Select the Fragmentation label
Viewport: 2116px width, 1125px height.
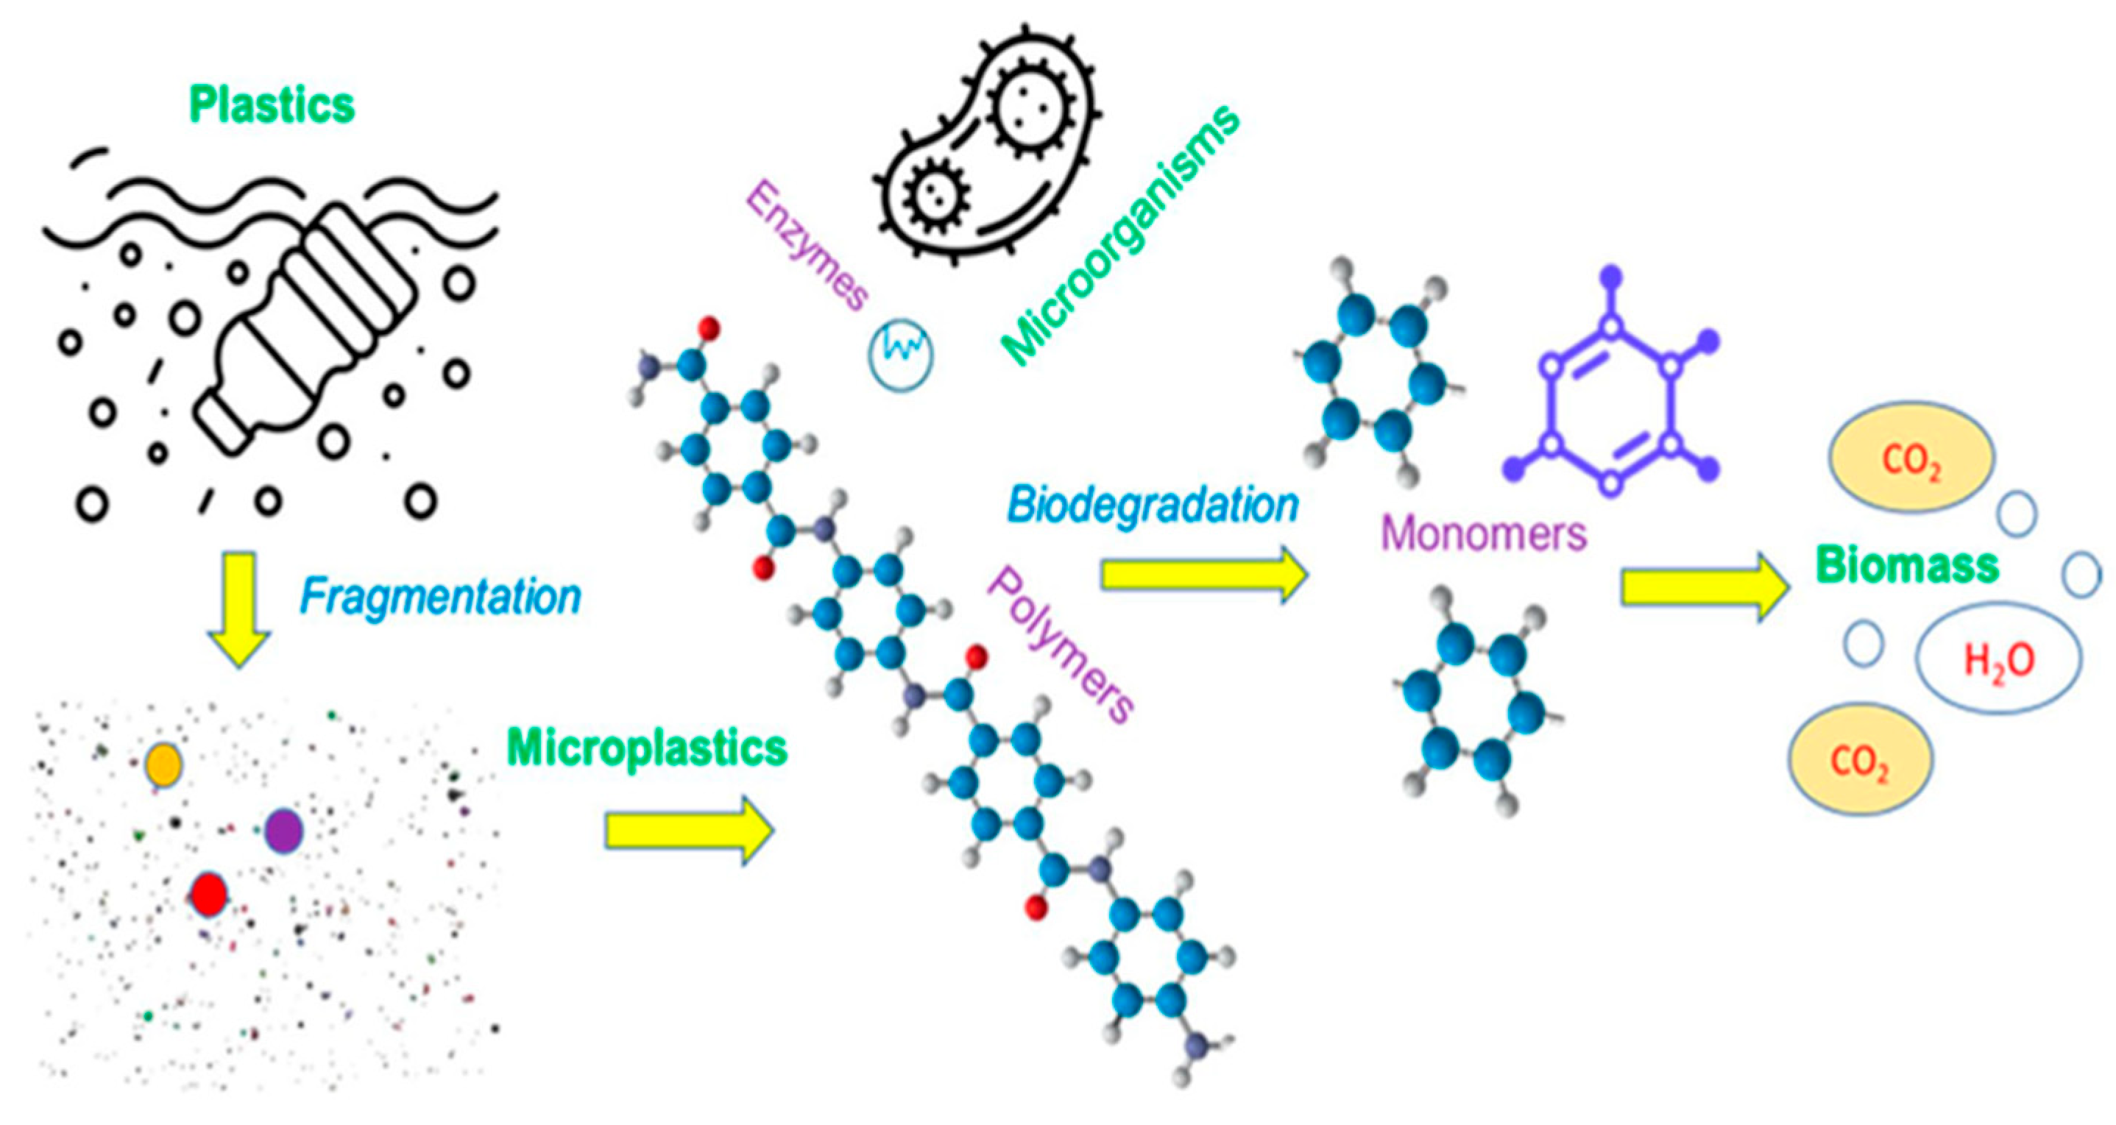point(440,597)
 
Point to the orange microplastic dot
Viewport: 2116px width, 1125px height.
point(163,765)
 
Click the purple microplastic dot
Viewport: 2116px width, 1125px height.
point(283,831)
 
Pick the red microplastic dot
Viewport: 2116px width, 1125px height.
point(208,894)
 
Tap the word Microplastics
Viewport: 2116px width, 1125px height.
point(647,748)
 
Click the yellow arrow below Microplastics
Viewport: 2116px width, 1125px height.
point(688,830)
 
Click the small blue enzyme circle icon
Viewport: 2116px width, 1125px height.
point(901,354)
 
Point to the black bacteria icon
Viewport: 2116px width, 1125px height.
point(986,143)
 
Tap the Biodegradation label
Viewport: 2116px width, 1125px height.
point(1153,505)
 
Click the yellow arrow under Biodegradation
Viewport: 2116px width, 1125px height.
point(1203,575)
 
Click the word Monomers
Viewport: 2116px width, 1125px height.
point(1484,533)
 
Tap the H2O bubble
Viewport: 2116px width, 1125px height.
point(1998,659)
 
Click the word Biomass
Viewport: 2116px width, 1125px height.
point(1906,566)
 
